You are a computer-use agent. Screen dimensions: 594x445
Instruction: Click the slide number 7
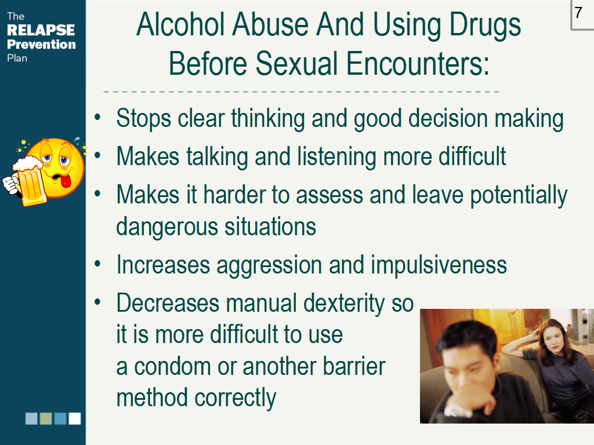[578, 13]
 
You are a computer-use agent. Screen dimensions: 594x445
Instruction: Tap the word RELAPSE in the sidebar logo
[41, 30]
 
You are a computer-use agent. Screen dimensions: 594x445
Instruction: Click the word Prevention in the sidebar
[41, 44]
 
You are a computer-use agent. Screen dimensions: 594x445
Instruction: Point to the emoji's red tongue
[66, 181]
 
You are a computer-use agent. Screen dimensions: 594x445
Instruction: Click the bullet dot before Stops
[97, 117]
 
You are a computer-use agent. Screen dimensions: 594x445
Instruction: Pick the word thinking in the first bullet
[268, 119]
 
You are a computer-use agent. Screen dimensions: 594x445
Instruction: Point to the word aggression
[269, 265]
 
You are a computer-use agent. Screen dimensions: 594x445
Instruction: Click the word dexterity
[344, 304]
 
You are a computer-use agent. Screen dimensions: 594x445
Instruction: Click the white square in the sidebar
[75, 418]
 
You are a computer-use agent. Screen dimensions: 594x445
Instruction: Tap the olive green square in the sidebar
[46, 418]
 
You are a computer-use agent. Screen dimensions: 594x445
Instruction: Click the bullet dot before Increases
[97, 264]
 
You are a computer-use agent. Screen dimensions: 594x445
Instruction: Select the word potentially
[519, 195]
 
